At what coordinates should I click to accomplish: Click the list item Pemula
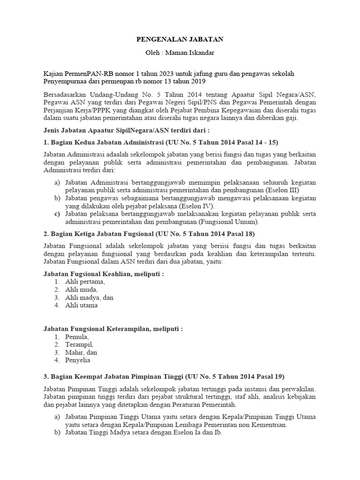(76, 337)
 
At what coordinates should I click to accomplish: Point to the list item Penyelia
(78, 360)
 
